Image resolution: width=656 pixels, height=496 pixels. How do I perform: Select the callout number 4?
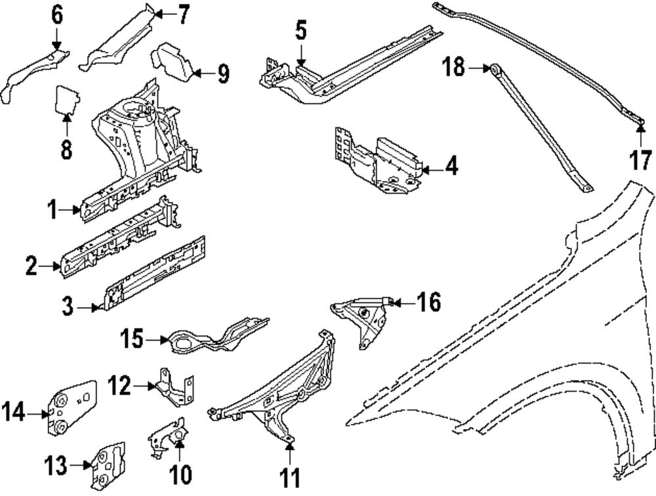451,167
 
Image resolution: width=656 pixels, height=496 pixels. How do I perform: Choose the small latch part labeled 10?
166,437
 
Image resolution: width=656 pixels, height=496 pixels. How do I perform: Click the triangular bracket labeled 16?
363,322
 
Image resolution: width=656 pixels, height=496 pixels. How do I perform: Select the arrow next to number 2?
53,266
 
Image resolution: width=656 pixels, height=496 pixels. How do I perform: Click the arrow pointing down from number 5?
300,55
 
